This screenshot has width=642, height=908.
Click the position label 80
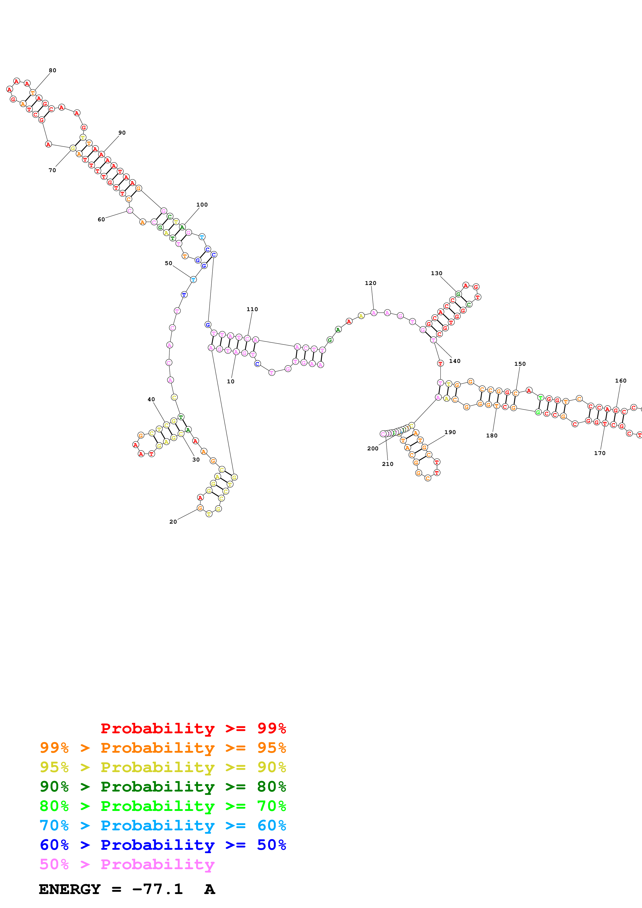53,70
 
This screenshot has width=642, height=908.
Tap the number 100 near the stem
202,204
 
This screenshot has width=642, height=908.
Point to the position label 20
173,522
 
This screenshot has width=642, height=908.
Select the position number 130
436,273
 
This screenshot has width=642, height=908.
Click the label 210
387,464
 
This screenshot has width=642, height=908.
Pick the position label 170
599,453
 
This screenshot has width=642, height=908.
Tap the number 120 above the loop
370,283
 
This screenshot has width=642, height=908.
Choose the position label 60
101,219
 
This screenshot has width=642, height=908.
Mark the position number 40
151,399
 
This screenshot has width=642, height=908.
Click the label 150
520,364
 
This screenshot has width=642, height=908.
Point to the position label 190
450,432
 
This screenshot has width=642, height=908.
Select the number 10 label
230,382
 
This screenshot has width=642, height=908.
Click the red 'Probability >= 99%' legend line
193,728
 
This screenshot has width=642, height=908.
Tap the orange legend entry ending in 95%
163,748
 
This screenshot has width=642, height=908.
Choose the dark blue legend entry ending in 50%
163,845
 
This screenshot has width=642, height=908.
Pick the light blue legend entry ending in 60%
163,825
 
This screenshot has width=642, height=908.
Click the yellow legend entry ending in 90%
163,767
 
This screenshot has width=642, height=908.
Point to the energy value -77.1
157,889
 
